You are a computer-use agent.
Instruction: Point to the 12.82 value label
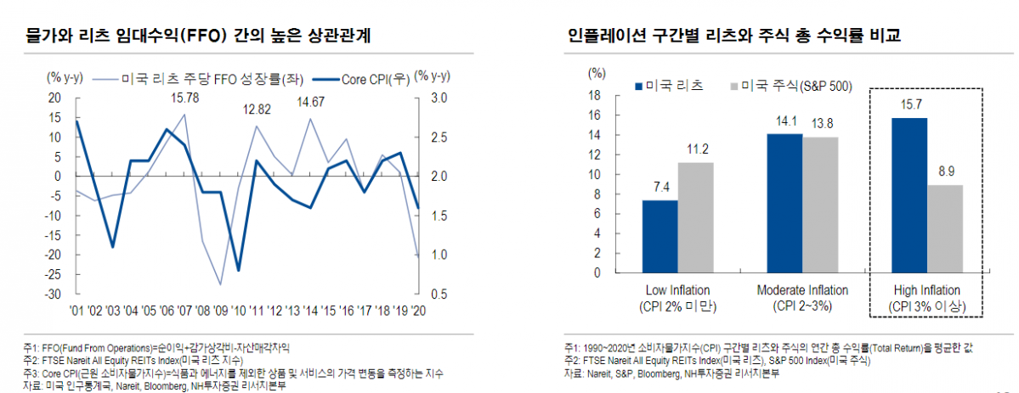pos(257,109)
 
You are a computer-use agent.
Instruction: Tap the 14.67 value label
pos(310,103)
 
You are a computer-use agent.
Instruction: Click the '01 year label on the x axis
pos(77,311)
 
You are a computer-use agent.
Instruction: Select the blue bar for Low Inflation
pos(660,237)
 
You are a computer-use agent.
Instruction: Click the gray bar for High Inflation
pos(944,229)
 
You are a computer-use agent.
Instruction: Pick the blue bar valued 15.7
pos(909,195)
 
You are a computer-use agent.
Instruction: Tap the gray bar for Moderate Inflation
pos(820,205)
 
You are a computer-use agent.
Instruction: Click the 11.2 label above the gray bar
pos(695,149)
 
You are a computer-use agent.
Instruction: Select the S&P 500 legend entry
pos(785,86)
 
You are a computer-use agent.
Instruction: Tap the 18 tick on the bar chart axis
pos(595,96)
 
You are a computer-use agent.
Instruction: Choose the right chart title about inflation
pos(735,36)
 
